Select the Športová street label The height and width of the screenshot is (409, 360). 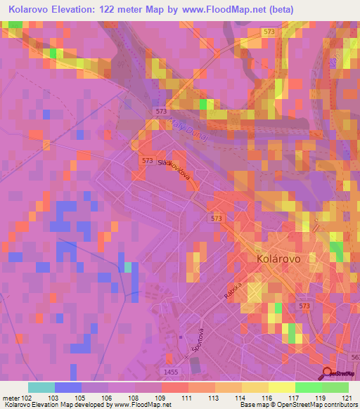[200, 342]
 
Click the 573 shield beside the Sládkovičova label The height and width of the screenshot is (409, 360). [146, 161]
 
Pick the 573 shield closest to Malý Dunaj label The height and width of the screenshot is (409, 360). [161, 112]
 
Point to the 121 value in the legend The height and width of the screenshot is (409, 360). [344, 398]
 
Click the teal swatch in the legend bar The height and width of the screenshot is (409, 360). [41, 387]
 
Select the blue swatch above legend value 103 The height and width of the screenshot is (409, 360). [67, 387]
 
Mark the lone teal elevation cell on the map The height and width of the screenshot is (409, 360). [128, 267]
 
